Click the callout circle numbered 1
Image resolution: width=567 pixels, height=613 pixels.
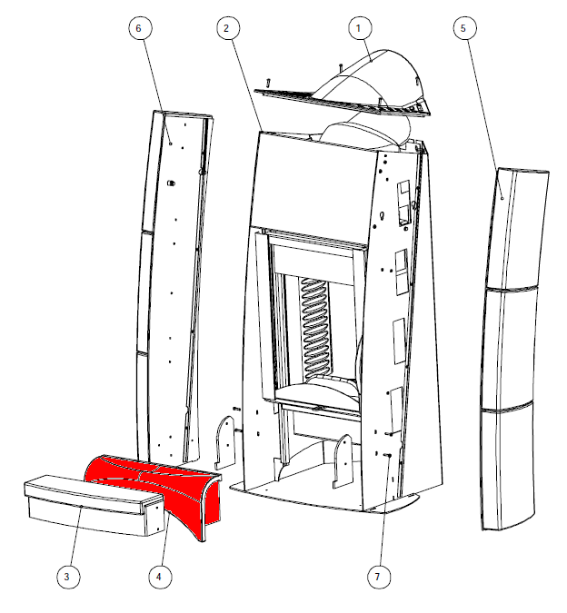(359, 28)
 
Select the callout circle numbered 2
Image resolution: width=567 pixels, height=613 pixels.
(227, 28)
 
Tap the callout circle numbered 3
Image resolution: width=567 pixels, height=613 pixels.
(68, 577)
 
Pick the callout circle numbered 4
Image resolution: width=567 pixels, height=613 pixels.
(160, 577)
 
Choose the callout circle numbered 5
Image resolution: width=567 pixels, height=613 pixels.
(465, 28)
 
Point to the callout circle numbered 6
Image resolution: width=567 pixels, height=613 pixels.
(140, 28)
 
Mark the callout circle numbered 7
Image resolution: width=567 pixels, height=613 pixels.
(379, 577)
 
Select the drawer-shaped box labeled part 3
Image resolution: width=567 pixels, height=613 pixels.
(94, 505)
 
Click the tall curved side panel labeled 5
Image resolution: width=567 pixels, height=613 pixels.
(512, 348)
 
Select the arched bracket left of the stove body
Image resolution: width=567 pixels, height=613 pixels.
(225, 441)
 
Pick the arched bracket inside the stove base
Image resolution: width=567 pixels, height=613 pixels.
(343, 461)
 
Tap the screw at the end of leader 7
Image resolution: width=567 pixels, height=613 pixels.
(387, 455)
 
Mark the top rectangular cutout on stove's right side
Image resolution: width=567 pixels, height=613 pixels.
(404, 203)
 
